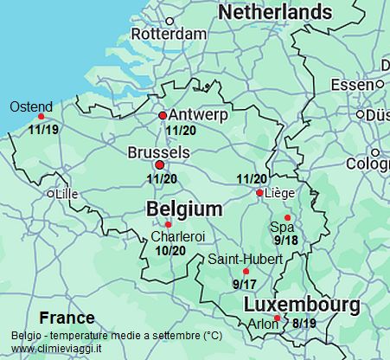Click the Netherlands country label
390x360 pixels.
(x=275, y=12)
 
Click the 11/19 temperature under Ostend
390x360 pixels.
(x=43, y=130)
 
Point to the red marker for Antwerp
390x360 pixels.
(x=162, y=115)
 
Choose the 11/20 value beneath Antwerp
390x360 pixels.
(x=182, y=131)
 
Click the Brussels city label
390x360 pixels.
(x=157, y=151)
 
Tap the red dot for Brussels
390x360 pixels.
(x=158, y=164)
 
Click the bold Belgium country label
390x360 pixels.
(x=184, y=209)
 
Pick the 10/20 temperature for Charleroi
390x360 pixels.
(x=170, y=250)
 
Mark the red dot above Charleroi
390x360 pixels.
(x=168, y=225)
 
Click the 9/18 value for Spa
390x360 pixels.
(x=286, y=240)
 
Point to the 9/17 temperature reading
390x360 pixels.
(x=244, y=283)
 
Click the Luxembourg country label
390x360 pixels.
(x=302, y=305)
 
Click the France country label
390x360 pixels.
(x=67, y=318)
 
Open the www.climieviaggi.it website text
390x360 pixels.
(x=56, y=349)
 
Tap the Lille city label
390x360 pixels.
(x=66, y=195)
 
